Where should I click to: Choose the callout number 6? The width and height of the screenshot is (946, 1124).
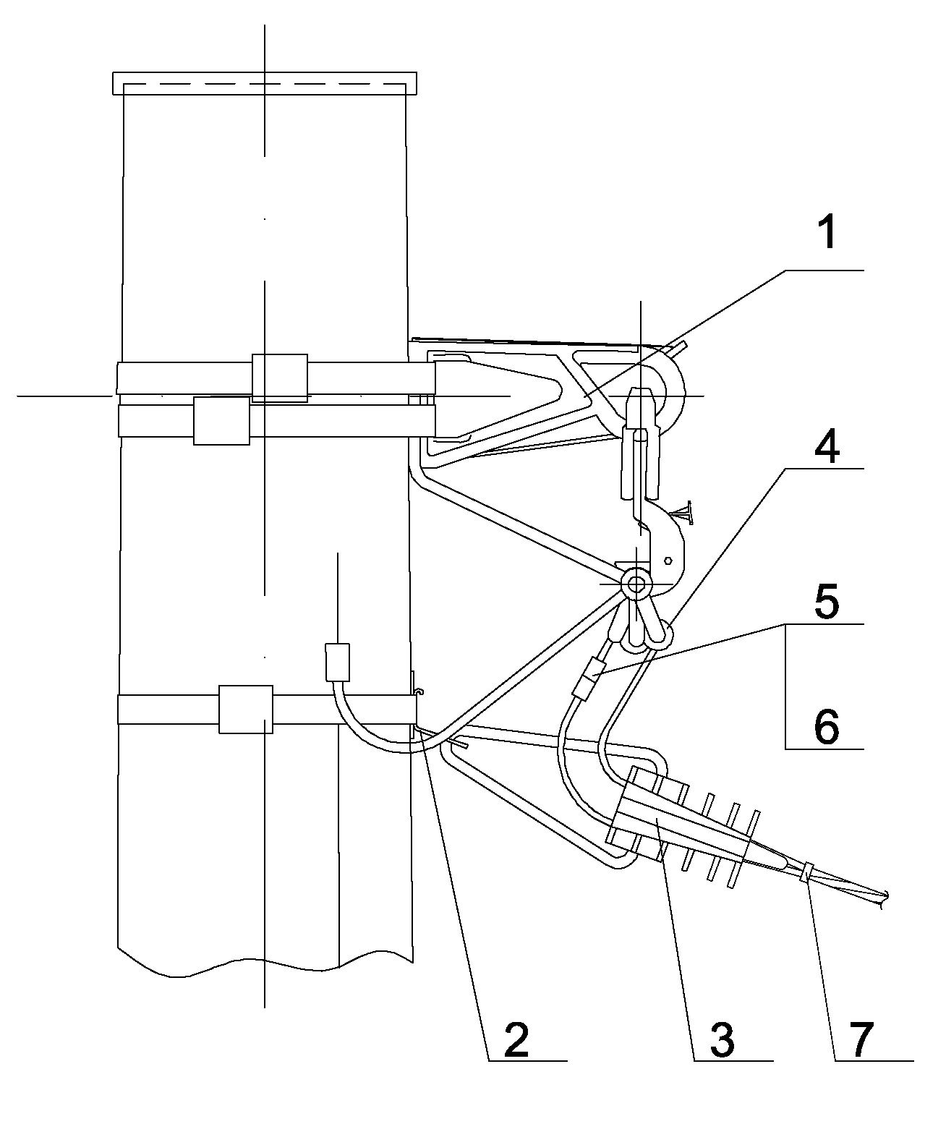(x=827, y=725)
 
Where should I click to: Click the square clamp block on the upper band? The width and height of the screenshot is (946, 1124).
(x=279, y=378)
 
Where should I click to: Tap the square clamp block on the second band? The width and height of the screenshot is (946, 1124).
(x=221, y=420)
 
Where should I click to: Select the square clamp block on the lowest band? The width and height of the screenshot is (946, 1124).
(x=245, y=709)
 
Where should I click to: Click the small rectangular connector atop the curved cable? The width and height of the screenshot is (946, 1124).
(x=338, y=662)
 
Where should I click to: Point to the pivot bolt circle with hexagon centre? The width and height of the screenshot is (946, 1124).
(x=636, y=583)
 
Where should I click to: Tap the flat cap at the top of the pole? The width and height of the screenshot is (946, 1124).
(x=265, y=83)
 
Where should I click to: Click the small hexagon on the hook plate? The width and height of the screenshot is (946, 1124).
(x=668, y=560)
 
